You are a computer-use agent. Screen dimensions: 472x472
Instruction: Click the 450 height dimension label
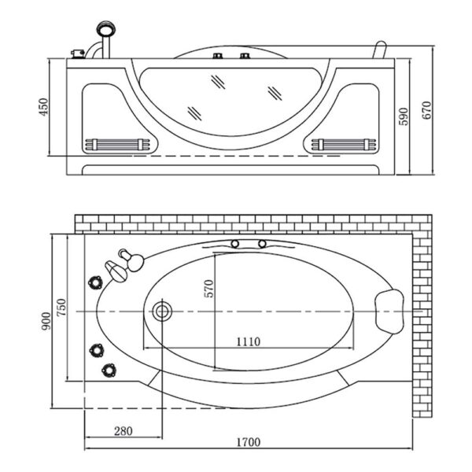pyautogui.click(x=43, y=107)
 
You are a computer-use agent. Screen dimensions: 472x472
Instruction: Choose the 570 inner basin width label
pyautogui.click(x=209, y=288)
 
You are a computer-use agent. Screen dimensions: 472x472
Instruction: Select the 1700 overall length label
pyautogui.click(x=249, y=444)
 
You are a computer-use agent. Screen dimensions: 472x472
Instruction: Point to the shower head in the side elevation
pyautogui.click(x=104, y=31)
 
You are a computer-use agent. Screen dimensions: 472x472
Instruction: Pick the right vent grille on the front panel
pyautogui.click(x=345, y=145)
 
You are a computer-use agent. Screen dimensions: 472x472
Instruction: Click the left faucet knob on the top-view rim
pyautogui.click(x=234, y=245)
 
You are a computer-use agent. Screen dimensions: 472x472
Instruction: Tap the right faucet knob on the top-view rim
pyautogui.click(x=264, y=245)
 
